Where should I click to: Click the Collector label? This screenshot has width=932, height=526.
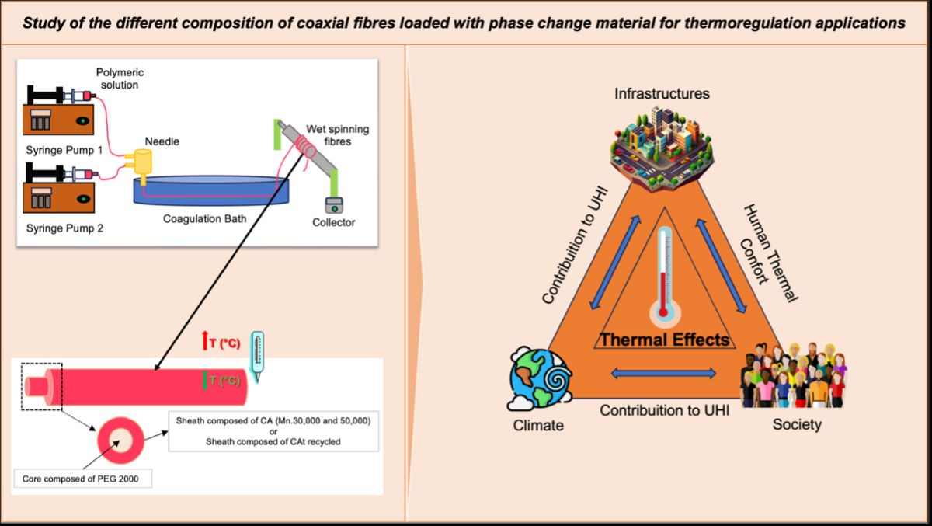point(333,222)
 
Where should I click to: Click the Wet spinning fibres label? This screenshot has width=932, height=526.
point(342,135)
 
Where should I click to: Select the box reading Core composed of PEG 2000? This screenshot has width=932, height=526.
point(83,477)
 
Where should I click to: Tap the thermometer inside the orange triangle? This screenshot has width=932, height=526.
point(662,273)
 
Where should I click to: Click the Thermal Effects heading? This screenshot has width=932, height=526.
point(664,340)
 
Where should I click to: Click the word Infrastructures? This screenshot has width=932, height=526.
point(662,94)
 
